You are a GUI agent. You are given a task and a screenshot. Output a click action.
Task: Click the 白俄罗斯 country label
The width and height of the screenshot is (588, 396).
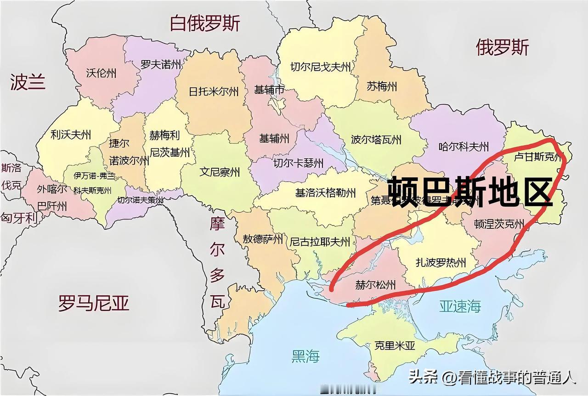click(x=205, y=23)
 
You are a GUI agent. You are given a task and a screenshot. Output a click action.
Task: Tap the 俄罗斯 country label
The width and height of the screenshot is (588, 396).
click(x=502, y=47)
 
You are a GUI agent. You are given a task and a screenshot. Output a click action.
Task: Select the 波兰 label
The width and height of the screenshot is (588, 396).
click(x=28, y=82)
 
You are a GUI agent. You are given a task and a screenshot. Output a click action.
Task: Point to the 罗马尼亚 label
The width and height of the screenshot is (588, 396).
click(x=94, y=303)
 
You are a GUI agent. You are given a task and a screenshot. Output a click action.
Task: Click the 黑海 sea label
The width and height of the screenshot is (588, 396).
click(x=305, y=356)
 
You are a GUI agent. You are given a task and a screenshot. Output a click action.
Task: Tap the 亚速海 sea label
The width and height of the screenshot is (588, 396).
click(x=460, y=306)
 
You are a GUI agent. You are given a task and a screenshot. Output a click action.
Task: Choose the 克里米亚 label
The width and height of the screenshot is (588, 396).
click(x=395, y=345)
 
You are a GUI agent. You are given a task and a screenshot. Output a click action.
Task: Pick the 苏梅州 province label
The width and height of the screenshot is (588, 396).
click(x=382, y=86)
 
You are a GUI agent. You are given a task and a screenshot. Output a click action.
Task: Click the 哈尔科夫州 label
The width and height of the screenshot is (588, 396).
click(x=464, y=147)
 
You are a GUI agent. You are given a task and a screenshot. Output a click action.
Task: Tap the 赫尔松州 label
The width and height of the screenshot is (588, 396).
click(x=375, y=285)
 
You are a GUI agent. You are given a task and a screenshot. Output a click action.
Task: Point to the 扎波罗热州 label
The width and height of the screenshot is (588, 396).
click(x=441, y=263)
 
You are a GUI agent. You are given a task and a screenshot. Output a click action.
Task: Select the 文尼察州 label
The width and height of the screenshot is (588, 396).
click(x=220, y=172)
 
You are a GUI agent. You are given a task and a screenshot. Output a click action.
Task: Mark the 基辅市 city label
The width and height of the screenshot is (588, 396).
click(x=270, y=90)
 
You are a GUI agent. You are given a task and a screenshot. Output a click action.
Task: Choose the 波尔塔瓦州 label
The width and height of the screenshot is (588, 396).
click(x=376, y=139)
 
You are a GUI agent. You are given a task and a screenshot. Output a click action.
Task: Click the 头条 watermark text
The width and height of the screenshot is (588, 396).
click(x=424, y=378)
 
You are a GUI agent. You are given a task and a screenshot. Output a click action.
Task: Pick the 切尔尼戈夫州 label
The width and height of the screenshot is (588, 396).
click(x=321, y=68)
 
